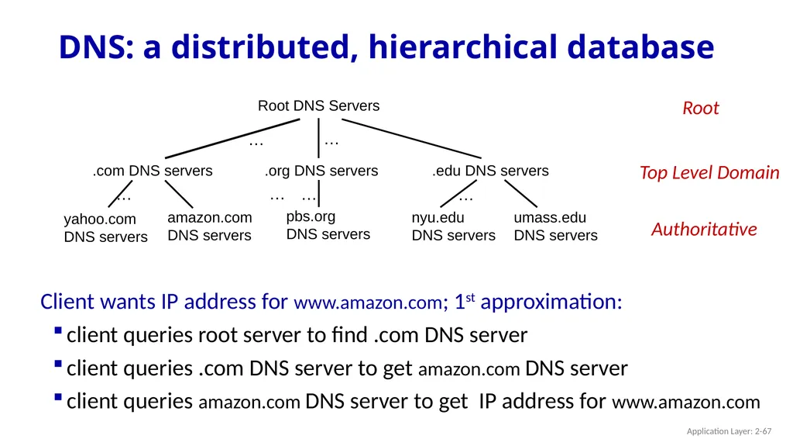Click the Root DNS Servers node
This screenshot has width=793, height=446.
(x=318, y=105)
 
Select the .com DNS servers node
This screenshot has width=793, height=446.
(x=153, y=171)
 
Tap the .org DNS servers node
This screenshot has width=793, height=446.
(x=321, y=171)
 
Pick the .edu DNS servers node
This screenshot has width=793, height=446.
(x=490, y=171)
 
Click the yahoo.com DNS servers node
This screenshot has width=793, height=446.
(x=105, y=227)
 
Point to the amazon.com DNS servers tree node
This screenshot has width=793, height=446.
(x=209, y=226)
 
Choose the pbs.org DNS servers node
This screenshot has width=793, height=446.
(x=328, y=225)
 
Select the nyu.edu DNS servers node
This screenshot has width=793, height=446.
(x=453, y=226)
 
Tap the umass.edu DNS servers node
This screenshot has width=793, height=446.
(x=556, y=226)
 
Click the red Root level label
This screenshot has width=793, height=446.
(x=700, y=108)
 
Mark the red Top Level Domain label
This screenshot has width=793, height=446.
(x=709, y=173)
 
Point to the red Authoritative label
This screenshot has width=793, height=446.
(x=704, y=229)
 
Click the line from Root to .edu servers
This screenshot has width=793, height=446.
(x=412, y=138)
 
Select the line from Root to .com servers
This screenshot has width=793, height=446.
(x=232, y=138)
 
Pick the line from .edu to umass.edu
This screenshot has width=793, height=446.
(x=520, y=194)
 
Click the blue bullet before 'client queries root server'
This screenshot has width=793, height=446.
(x=58, y=331)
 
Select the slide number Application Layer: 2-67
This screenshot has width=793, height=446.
(x=729, y=431)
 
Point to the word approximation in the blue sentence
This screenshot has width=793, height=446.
(x=551, y=302)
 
